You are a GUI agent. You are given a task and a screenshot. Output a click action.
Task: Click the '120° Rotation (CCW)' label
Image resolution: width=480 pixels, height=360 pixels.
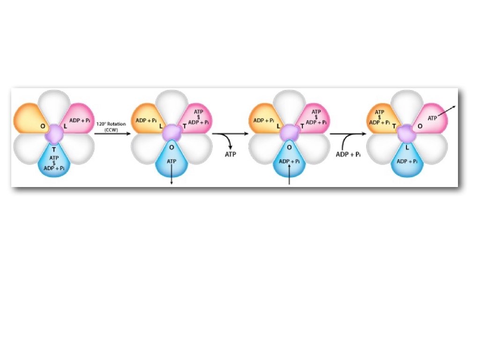(111, 127)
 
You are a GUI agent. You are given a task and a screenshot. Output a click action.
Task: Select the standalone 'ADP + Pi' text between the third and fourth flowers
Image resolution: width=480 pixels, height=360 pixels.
(348, 154)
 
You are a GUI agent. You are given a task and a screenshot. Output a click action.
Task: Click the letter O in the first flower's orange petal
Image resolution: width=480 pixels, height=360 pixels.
(43, 126)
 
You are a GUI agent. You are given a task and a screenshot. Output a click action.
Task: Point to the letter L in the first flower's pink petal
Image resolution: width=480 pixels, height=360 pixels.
(66, 127)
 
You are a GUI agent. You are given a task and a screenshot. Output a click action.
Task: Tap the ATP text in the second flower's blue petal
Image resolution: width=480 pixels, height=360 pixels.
(172, 161)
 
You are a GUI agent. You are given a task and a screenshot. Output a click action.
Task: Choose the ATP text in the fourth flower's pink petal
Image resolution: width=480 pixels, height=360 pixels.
(433, 118)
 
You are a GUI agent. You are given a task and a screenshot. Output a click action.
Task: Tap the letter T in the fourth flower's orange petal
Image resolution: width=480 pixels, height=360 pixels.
(393, 126)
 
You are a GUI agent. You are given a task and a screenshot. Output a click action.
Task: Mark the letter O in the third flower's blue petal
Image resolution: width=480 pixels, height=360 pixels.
(289, 147)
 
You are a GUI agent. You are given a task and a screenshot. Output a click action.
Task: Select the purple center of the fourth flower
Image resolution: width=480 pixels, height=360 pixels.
(406, 135)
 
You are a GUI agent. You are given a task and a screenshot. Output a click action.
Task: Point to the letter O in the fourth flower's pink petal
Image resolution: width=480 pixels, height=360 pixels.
(420, 126)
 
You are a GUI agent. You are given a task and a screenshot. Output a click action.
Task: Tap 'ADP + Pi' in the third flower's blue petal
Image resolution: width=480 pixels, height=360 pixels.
(289, 161)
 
